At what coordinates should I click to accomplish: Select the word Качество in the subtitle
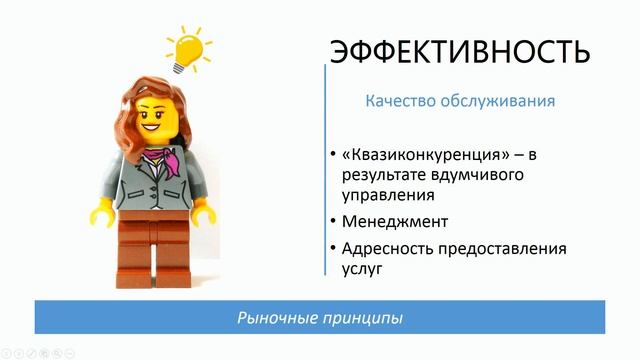click(397, 101)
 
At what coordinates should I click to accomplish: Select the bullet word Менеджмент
click(394, 221)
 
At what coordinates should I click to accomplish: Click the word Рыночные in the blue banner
click(271, 318)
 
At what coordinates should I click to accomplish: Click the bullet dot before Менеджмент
click(333, 221)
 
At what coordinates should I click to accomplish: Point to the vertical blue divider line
click(326, 170)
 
